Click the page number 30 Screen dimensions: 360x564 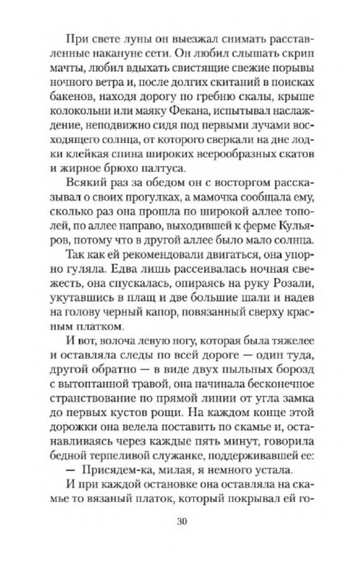(180, 522)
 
